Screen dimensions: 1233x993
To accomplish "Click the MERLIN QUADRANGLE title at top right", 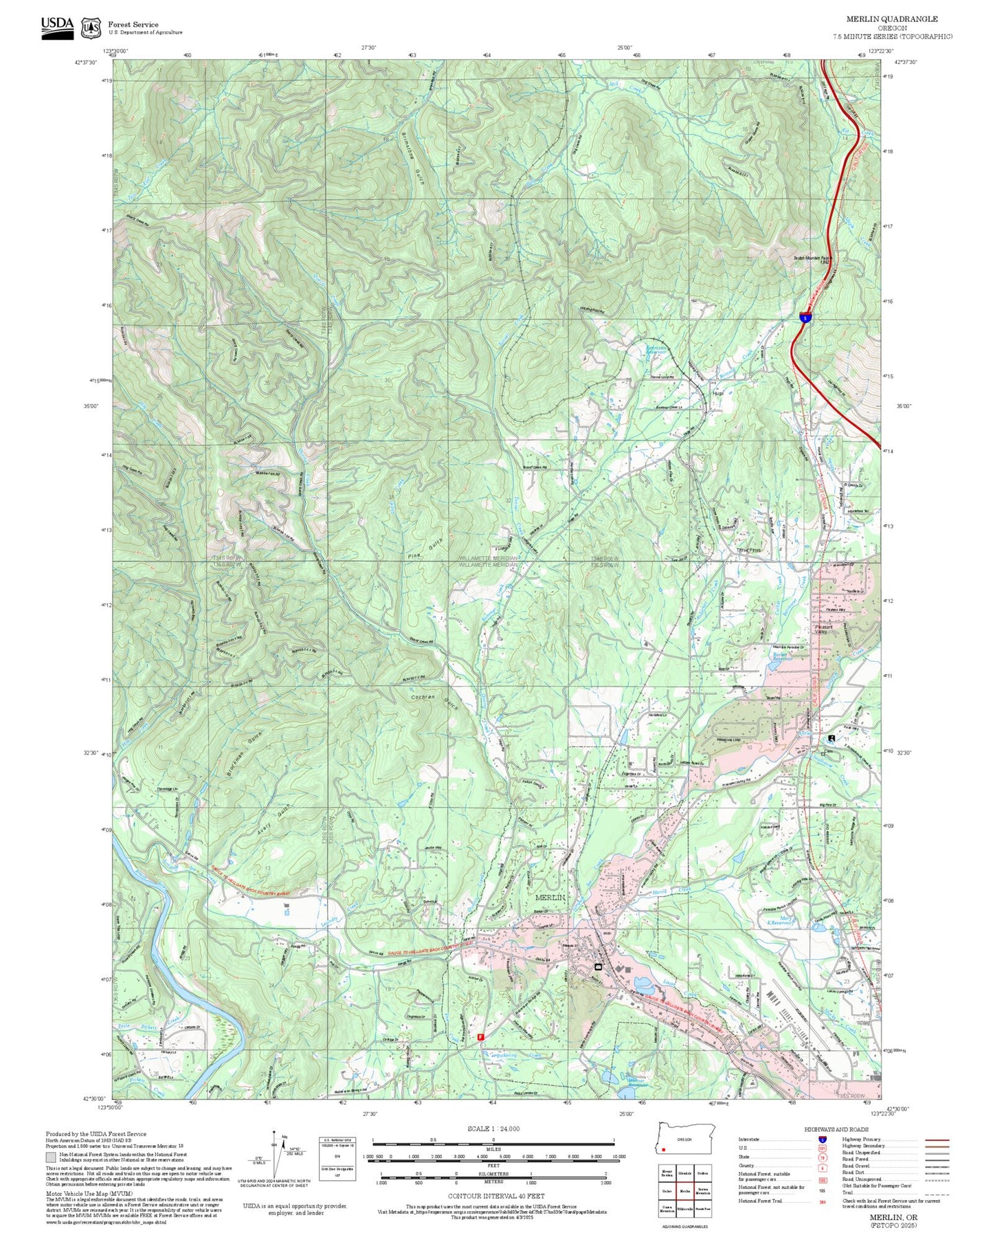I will pyautogui.click(x=891, y=19).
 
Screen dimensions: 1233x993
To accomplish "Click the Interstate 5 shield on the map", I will pyautogui.click(x=805, y=318).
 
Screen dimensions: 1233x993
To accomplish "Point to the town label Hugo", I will pyautogui.click(x=719, y=394).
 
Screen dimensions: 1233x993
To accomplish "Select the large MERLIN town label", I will pyautogui.click(x=550, y=898).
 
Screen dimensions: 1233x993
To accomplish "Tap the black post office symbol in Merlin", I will pyautogui.click(x=597, y=966).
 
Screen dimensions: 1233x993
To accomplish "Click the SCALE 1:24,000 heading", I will pyautogui.click(x=493, y=1129).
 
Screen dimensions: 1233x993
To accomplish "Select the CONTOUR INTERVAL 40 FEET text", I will pyautogui.click(x=493, y=1196).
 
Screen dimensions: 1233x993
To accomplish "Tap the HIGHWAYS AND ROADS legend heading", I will pyautogui.click(x=836, y=1129).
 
